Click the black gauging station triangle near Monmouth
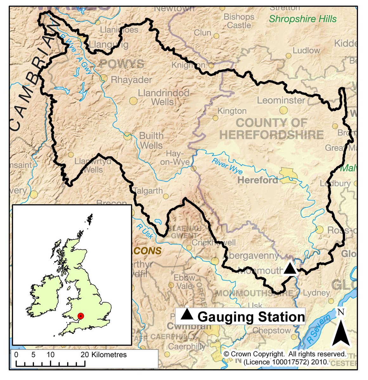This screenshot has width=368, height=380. tap(290, 268)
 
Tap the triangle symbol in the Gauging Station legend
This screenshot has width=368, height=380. tap(187, 314)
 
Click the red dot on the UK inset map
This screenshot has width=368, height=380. tap(81, 316)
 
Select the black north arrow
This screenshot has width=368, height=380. tap(341, 332)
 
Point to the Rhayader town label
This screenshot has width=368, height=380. tap(131, 79)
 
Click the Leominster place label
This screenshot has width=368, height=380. tap(281, 100)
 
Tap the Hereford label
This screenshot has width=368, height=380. tap(257, 180)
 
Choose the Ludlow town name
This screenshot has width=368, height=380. tap(306, 50)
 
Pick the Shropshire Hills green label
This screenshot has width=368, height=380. tap(303, 19)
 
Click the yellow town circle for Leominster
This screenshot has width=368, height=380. tap(283, 110)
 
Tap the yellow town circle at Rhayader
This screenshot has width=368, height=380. tap(103, 78)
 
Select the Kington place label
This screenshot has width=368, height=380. tap(232, 111)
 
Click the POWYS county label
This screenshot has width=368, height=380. tap(122, 64)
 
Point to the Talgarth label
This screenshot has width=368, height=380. tap(148, 191)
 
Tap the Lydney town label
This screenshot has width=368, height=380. tap(316, 293)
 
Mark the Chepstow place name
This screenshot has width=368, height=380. tap(272, 331)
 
